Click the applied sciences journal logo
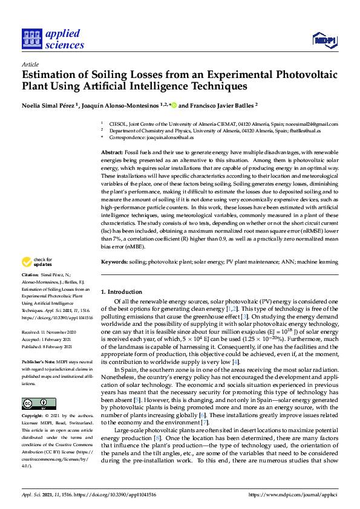pos(53,39)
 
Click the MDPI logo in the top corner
pos(324,40)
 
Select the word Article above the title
pos(30,63)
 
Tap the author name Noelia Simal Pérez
pos(51,104)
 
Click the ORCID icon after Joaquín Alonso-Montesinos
pos(174,105)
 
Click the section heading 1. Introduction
pos(124,292)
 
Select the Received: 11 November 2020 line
pos(48,332)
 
